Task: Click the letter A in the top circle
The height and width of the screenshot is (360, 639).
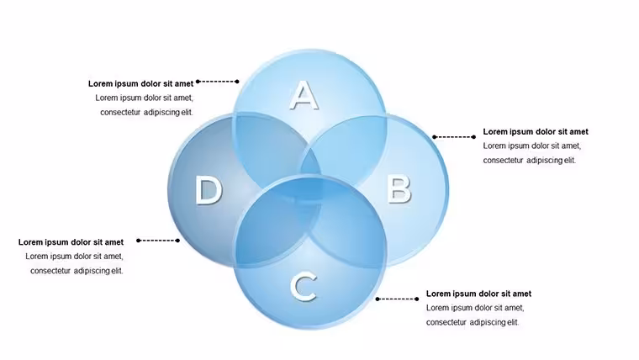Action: coord(304,95)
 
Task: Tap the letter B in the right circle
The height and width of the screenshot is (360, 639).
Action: coord(399,189)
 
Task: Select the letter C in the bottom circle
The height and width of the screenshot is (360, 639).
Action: coord(304,288)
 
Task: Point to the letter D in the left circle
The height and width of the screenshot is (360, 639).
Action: coord(209,189)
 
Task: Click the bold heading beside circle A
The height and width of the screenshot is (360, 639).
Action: coord(140,83)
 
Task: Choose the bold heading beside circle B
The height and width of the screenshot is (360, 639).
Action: coord(536,132)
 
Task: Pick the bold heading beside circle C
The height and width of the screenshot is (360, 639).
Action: coord(479,294)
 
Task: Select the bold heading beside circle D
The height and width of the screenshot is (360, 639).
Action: coord(71,242)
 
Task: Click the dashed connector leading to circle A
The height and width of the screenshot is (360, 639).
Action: coord(217,82)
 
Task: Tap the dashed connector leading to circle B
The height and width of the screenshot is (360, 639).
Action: coord(454,137)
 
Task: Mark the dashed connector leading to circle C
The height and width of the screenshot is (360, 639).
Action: coord(397,299)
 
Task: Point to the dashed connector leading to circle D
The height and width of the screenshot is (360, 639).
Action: coord(158,241)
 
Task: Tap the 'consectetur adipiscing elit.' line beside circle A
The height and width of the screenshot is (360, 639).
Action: coord(146,112)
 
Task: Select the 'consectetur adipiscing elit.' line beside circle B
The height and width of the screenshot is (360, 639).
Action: coord(530,160)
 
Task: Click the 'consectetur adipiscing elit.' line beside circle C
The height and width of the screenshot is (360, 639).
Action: coord(473,322)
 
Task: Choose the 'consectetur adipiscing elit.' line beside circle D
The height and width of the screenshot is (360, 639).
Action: coord(77,271)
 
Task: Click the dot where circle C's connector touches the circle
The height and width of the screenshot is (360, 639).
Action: coord(378,299)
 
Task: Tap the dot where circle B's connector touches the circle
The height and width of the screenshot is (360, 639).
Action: coord(435,137)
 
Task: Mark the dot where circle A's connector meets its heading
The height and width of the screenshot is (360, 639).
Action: coord(198,82)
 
